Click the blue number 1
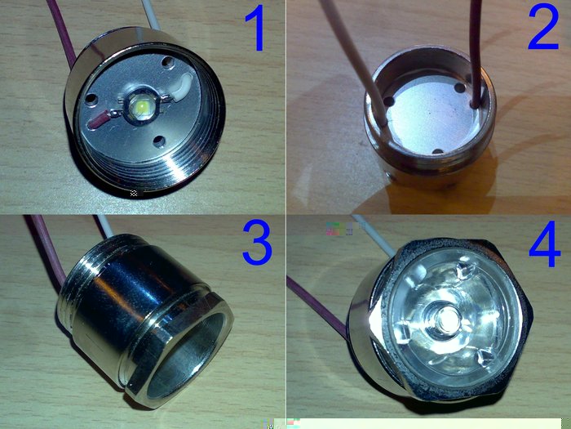tap(257, 29)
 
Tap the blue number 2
tap(543, 29)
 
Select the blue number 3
tap(258, 243)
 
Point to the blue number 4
tap(545, 244)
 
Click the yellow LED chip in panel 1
tap(141, 107)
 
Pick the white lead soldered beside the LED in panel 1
tap(182, 87)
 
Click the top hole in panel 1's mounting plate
tap(168, 62)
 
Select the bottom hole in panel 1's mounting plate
tap(159, 141)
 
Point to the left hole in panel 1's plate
tap(91, 99)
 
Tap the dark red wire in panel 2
tap(476, 51)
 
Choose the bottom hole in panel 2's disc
tap(439, 150)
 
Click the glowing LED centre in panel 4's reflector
tap(448, 318)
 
